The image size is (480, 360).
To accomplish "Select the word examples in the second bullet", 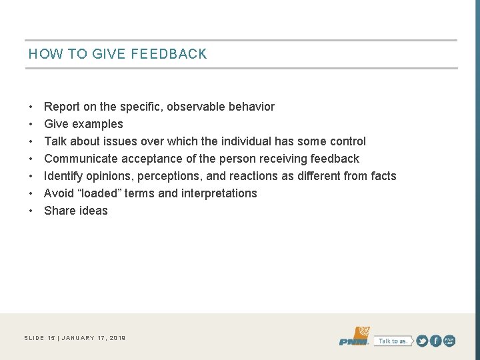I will click(97, 124).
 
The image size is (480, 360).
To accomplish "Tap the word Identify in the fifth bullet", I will click(64, 176).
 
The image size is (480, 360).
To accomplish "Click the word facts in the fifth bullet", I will click(382, 176).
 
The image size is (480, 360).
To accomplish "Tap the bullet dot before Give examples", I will click(31, 124).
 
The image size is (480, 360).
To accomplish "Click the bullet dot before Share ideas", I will click(31, 211).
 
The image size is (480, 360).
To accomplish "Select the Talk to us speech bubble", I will click(392, 341).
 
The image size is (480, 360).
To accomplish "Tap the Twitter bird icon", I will click(423, 341).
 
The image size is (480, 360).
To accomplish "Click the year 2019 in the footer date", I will click(117, 339).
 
